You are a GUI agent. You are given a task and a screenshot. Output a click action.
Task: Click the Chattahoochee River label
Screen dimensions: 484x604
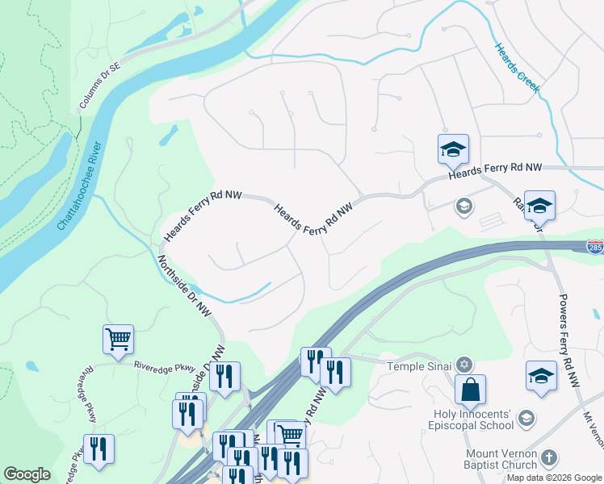79,186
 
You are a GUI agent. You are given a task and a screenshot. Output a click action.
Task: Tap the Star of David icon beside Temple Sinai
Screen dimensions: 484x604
464,365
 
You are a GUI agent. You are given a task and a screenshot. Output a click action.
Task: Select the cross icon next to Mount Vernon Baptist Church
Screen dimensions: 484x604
549,457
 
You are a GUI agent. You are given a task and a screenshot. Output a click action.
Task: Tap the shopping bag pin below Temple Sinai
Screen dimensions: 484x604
470,391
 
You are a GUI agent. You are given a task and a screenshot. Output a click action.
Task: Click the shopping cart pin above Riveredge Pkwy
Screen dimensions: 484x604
119,339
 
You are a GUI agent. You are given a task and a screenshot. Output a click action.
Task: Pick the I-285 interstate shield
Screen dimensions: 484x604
595,246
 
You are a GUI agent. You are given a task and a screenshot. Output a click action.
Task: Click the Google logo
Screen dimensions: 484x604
27,474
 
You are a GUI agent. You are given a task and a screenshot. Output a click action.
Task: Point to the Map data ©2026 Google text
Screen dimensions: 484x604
555,478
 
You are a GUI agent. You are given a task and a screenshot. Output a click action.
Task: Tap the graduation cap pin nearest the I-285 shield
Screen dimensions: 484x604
539,207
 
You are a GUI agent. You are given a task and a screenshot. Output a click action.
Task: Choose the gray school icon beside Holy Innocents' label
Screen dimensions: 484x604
526,417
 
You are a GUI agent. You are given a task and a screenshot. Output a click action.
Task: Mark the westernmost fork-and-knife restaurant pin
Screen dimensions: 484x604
99,449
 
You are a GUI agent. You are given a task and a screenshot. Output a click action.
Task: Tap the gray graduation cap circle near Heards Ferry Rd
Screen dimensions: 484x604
464,206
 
